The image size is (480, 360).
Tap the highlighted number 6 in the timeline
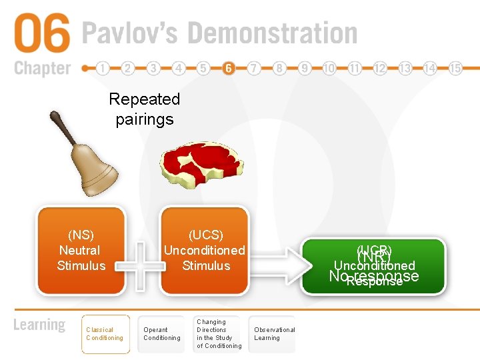pyautogui.click(x=229, y=68)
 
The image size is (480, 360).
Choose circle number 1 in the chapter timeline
pyautogui.click(x=103, y=68)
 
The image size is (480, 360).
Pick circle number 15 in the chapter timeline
pyautogui.click(x=455, y=68)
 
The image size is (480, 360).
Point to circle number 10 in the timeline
pyautogui.click(x=329, y=68)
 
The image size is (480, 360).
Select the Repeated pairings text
pyautogui.click(x=144, y=109)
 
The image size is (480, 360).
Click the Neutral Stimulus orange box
pyautogui.click(x=81, y=251)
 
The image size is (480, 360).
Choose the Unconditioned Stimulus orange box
pyautogui.click(x=205, y=251)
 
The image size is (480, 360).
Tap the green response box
pyautogui.click(x=373, y=267)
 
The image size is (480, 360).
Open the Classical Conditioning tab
pyautogui.click(x=105, y=334)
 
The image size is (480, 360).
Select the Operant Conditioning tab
pyautogui.click(x=162, y=334)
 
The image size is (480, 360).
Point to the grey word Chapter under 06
pyautogui.click(x=41, y=68)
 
